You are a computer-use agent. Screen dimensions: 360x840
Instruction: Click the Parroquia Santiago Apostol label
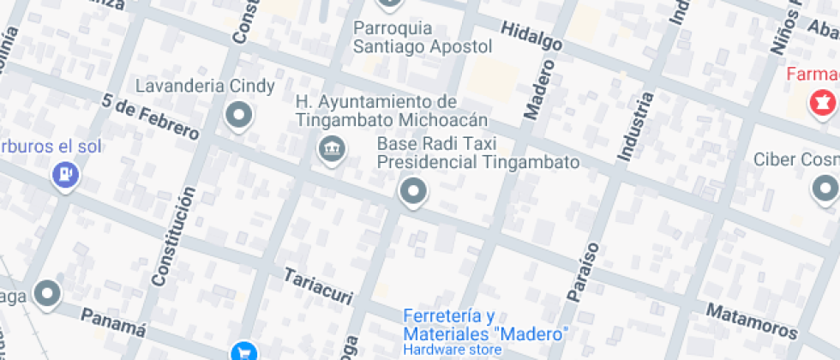[x=423, y=38]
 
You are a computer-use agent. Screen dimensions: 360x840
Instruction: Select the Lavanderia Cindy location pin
[x=239, y=114]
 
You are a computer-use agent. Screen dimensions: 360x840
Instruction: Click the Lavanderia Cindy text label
[x=205, y=87]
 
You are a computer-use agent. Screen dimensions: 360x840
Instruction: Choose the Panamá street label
[x=113, y=322]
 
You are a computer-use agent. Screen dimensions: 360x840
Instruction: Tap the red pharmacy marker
[x=821, y=104]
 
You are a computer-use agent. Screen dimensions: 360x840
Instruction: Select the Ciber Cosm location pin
[x=825, y=187]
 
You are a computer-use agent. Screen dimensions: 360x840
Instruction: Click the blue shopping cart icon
[x=243, y=351]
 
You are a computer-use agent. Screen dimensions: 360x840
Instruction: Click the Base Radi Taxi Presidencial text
[x=478, y=153]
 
